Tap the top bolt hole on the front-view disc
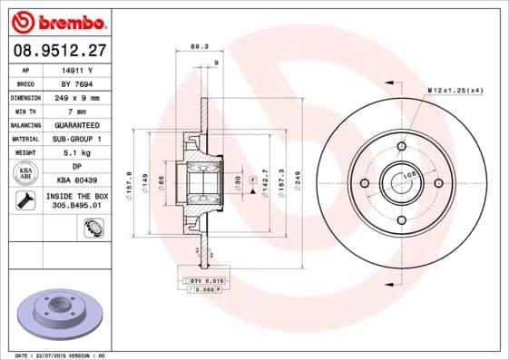point(401,146)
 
